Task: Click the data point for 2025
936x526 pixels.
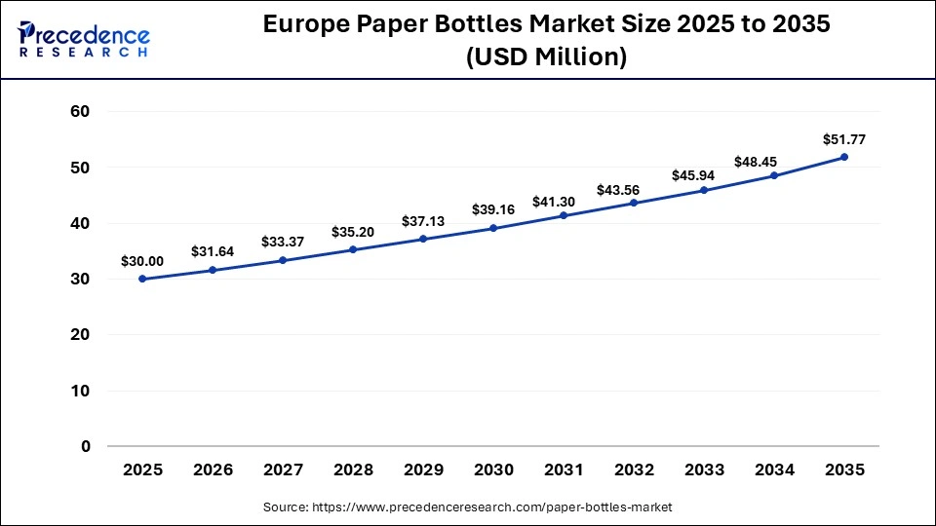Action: click(142, 279)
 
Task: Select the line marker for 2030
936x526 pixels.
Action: click(493, 228)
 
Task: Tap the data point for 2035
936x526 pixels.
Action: click(844, 157)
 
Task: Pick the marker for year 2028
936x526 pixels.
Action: click(353, 249)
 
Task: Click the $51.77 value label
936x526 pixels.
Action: click(844, 139)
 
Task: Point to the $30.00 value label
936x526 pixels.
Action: click(142, 261)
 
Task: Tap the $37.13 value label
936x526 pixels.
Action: click(423, 221)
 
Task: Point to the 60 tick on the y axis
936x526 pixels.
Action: click(80, 112)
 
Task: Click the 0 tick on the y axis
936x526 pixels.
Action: click(86, 446)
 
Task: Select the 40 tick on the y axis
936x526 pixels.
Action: click(80, 223)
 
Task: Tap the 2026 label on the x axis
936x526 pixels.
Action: click(213, 470)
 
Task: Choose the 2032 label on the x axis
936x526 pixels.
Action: click(634, 470)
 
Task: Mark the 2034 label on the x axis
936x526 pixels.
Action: click(774, 470)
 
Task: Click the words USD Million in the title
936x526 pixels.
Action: click(546, 57)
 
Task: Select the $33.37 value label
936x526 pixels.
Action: click(283, 242)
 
